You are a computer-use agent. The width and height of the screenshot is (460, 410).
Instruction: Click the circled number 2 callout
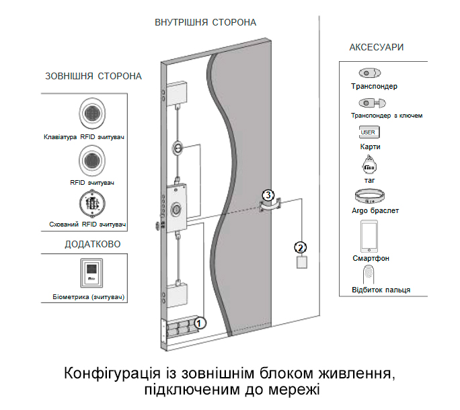coord(301,247)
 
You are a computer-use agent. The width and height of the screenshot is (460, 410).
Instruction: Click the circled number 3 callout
coord(268,196)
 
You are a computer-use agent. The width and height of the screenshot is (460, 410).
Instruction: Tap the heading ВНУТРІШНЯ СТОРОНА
coord(206,22)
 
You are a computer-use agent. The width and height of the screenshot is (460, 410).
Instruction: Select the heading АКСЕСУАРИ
coord(377,48)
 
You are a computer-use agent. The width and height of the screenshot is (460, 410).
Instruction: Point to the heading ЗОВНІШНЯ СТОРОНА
coord(93,76)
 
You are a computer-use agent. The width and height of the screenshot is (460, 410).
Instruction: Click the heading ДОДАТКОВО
coord(93,244)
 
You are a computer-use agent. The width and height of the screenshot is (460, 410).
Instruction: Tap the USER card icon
coord(367,132)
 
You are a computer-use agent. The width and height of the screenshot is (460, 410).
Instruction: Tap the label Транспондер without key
coord(374,87)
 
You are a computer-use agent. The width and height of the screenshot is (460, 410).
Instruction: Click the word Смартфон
coord(371,259)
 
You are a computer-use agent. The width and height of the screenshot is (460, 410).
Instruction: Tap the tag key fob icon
coord(369,163)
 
